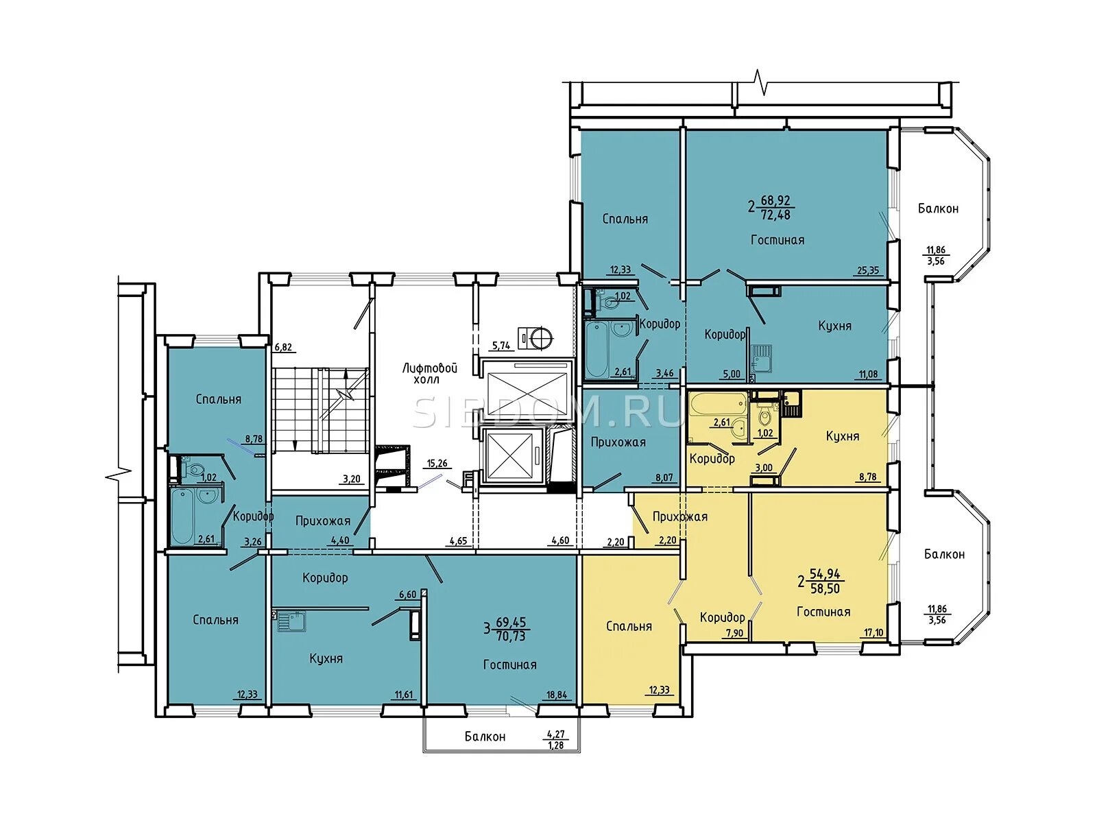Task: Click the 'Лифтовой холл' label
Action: tap(430, 373)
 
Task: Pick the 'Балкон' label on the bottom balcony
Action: tap(485, 737)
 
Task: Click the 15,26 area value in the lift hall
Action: tap(437, 463)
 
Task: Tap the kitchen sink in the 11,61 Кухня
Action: tap(289, 621)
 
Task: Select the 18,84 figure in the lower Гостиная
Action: tap(557, 695)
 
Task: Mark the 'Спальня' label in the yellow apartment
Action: tap(629, 626)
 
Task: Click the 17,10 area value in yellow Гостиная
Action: tap(873, 632)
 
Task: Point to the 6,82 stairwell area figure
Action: tap(283, 347)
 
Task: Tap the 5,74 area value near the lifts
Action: tap(501, 345)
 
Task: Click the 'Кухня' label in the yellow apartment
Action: tap(843, 436)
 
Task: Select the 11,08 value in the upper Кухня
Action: tap(869, 374)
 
